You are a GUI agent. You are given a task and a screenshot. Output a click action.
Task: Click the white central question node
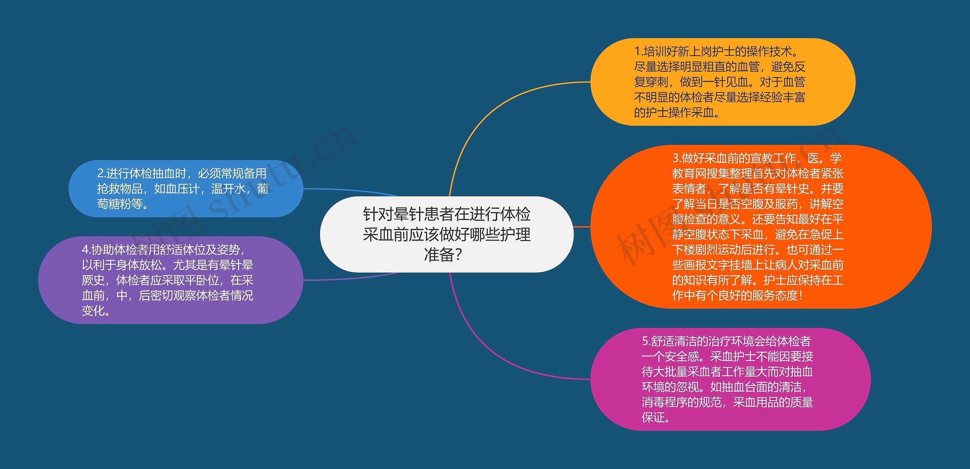click(446, 234)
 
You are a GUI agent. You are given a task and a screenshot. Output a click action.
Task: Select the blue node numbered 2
click(186, 188)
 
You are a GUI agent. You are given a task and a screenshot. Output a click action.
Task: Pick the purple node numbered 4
click(171, 280)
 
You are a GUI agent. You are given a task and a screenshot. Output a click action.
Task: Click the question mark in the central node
click(458, 255)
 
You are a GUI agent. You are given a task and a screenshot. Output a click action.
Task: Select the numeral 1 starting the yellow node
click(637, 51)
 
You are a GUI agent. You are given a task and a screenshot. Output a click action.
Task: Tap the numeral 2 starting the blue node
click(100, 174)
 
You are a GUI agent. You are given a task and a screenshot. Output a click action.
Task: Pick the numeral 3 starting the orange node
click(676, 158)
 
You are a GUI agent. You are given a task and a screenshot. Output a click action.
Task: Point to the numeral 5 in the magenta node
click(645, 341)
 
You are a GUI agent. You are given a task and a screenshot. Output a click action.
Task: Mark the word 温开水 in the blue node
click(228, 189)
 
